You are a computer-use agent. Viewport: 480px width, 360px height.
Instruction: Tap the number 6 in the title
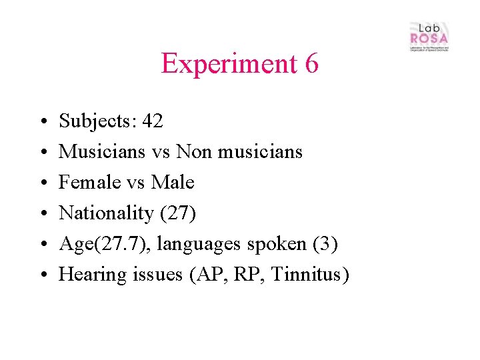311,64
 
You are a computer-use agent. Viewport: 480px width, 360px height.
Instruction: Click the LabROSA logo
429,37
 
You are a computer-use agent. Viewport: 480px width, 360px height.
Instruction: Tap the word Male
173,183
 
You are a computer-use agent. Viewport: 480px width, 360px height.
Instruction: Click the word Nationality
105,213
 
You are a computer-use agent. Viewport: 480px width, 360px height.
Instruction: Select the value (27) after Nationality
177,213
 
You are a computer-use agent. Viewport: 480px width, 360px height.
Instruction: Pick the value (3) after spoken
325,244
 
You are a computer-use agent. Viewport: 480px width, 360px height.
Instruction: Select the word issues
153,275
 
